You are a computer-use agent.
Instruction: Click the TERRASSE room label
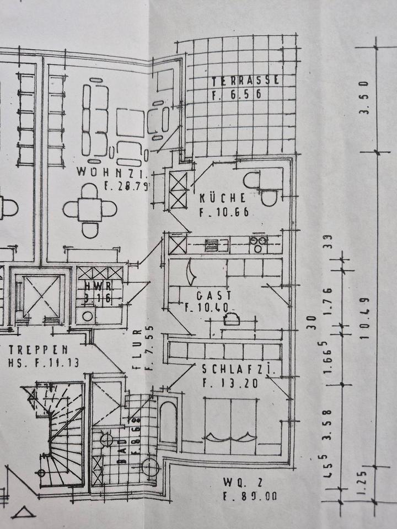(246, 81)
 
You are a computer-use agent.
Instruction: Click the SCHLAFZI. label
(238, 369)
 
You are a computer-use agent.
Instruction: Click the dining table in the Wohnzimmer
(90, 210)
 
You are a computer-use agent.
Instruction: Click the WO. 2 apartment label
(243, 483)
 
